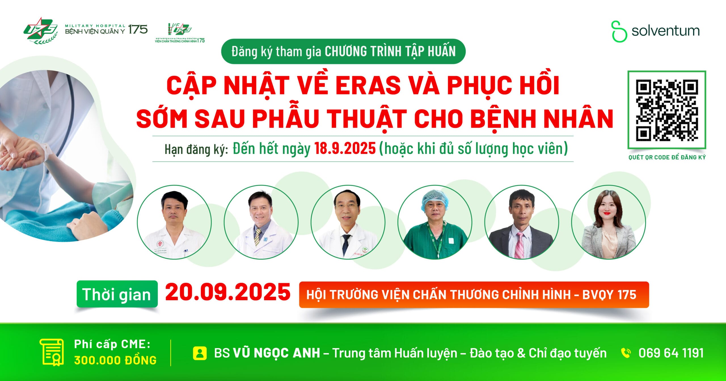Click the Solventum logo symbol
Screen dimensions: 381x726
(x=619, y=31)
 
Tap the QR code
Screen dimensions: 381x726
(x=666, y=110)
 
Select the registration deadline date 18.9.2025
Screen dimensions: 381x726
(x=345, y=149)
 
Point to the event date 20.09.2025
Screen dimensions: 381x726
(x=228, y=293)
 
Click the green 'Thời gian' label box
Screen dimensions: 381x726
(x=117, y=294)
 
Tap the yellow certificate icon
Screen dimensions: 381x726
(x=52, y=352)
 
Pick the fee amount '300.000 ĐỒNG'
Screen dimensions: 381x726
(x=115, y=360)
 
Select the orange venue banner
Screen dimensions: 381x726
(x=474, y=295)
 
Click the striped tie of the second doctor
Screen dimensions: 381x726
(x=258, y=237)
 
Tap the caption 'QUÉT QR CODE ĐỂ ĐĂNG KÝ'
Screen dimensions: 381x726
(x=667, y=158)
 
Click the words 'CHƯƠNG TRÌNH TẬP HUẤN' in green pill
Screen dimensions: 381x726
(x=390, y=52)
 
